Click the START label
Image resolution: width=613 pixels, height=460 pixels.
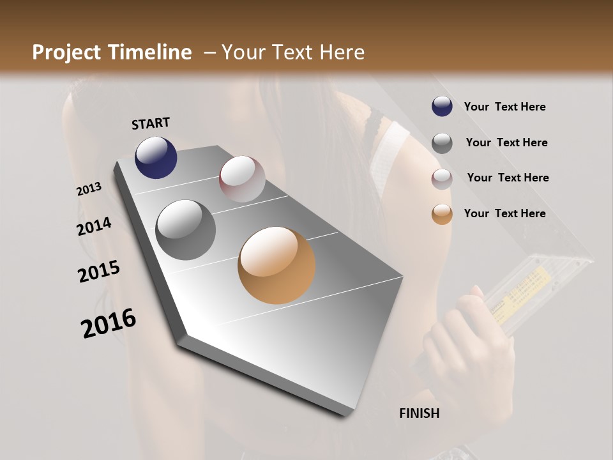pyautogui.click(x=151, y=123)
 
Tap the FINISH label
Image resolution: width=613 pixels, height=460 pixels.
pyautogui.click(x=419, y=413)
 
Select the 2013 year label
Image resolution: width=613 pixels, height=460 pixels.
pyautogui.click(x=89, y=189)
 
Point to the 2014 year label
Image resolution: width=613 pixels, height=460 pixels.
pyautogui.click(x=95, y=227)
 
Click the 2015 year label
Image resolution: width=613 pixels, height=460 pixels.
pyautogui.click(x=99, y=272)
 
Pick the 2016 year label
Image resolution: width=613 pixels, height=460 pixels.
pyautogui.click(x=109, y=323)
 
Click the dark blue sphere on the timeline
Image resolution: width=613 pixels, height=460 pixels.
pyautogui.click(x=156, y=157)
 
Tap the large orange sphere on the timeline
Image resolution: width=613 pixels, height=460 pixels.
pyautogui.click(x=276, y=265)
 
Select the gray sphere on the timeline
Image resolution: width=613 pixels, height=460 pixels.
pyautogui.click(x=186, y=229)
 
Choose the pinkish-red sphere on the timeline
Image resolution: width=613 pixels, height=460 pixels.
pyautogui.click(x=242, y=179)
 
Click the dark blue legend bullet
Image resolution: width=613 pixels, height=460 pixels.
pyautogui.click(x=442, y=107)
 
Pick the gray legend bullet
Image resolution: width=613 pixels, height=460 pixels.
pyautogui.click(x=442, y=143)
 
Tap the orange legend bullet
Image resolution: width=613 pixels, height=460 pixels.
pyautogui.click(x=442, y=214)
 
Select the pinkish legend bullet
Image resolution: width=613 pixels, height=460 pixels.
pyautogui.click(x=442, y=178)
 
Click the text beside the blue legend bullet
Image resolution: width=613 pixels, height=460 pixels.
pyautogui.click(x=504, y=107)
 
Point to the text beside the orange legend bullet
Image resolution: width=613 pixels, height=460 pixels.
pyautogui.click(x=504, y=213)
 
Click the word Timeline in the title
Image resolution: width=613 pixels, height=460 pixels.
pyautogui.click(x=151, y=52)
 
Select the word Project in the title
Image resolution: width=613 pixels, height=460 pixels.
pyautogui.click(x=67, y=52)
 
